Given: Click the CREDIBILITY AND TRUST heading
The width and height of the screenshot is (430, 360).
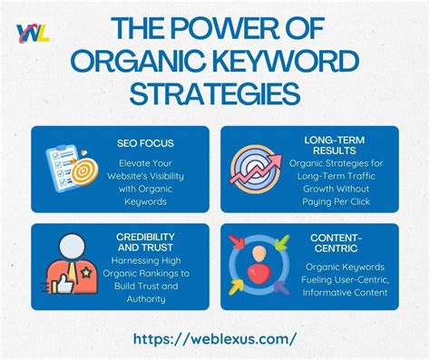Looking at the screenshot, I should (x=145, y=242).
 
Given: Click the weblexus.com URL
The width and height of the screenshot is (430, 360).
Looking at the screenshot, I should (x=215, y=338).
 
